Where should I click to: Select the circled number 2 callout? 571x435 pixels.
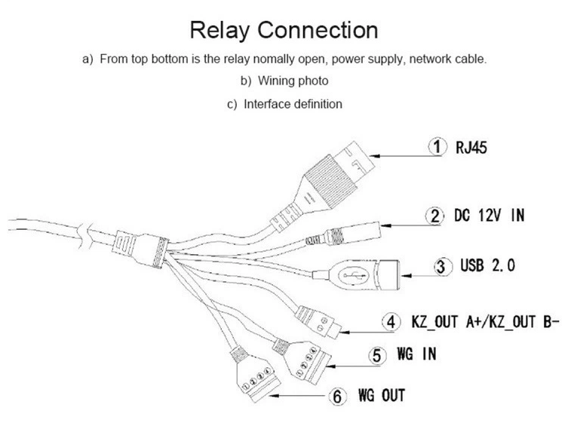pyautogui.click(x=434, y=216)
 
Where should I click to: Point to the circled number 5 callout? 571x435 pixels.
pyautogui.click(x=378, y=354)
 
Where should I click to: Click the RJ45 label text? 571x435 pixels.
pyautogui.click(x=471, y=147)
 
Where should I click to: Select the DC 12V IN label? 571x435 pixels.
pyautogui.click(x=489, y=216)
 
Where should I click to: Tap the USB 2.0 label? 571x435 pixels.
pyautogui.click(x=487, y=266)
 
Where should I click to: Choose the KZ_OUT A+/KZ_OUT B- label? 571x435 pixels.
pyautogui.click(x=485, y=322)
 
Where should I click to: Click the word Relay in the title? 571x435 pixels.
pyautogui.click(x=220, y=30)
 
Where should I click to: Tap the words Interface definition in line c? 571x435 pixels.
pyautogui.click(x=292, y=104)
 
